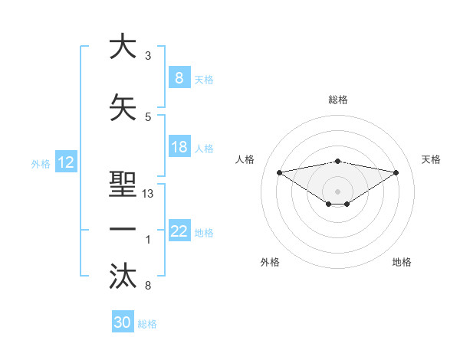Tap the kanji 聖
(x=123, y=186)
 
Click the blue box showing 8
(x=179, y=77)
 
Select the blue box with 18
(x=179, y=147)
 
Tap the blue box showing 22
(x=179, y=231)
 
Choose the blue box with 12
(x=66, y=162)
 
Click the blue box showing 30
(x=123, y=322)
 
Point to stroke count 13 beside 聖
(x=148, y=194)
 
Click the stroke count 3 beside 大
(x=147, y=56)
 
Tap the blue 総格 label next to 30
(x=147, y=324)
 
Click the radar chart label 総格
(x=337, y=100)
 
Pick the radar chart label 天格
(x=432, y=159)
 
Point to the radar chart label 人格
(x=245, y=159)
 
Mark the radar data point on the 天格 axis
(x=396, y=172)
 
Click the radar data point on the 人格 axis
(x=279, y=172)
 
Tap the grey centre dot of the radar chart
(x=337, y=191)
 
